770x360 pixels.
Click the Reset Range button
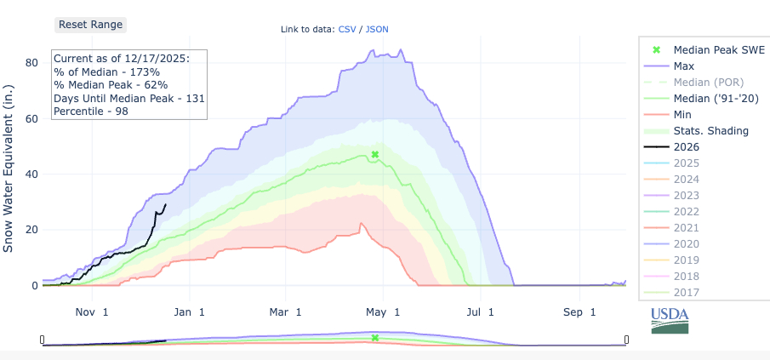[91, 25]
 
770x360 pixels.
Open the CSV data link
[347, 30]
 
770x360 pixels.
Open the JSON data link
[377, 30]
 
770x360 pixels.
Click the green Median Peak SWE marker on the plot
[374, 155]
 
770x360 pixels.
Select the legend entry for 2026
[685, 146]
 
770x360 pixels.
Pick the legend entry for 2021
[685, 227]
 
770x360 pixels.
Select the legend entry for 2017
[685, 292]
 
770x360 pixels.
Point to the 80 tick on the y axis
[31, 63]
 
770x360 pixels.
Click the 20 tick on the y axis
[31, 230]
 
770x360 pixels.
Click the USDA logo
[670, 320]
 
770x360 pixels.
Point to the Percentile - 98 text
[88, 111]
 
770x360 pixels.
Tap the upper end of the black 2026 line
[166, 203]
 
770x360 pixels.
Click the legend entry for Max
[682, 66]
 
